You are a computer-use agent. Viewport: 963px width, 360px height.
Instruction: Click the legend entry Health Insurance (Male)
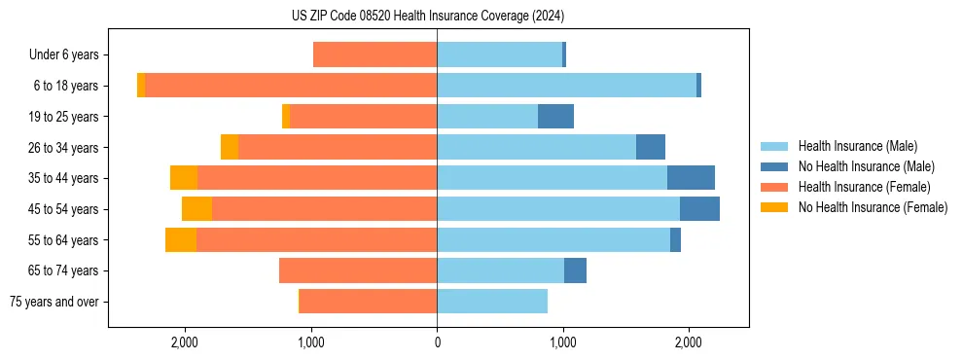coord(857,146)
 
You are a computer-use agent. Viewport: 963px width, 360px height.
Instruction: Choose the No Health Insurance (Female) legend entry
coord(873,207)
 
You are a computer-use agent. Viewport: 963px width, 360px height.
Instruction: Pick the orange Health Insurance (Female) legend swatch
coord(774,187)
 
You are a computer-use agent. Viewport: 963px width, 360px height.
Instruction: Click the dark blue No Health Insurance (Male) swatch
coord(774,166)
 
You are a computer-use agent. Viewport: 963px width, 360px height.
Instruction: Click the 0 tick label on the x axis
coord(437,342)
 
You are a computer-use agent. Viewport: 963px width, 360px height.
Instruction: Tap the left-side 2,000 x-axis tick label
coord(185,342)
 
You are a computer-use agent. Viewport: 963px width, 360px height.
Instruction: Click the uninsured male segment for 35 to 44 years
coord(691,178)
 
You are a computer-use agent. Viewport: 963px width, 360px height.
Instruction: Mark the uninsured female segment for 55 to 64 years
coord(181,239)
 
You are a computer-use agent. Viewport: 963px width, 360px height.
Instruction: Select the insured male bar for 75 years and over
coord(492,302)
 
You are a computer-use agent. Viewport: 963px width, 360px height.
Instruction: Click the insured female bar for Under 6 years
coord(374,55)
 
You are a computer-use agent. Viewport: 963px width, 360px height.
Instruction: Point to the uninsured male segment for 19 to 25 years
coord(555,117)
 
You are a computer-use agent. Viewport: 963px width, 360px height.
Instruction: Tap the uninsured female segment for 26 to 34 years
coord(230,147)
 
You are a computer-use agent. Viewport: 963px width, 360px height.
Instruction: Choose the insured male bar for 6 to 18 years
coord(566,86)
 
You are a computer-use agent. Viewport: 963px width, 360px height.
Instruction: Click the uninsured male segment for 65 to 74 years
coord(575,270)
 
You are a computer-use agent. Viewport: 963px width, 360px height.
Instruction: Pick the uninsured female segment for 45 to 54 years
coord(196,209)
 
